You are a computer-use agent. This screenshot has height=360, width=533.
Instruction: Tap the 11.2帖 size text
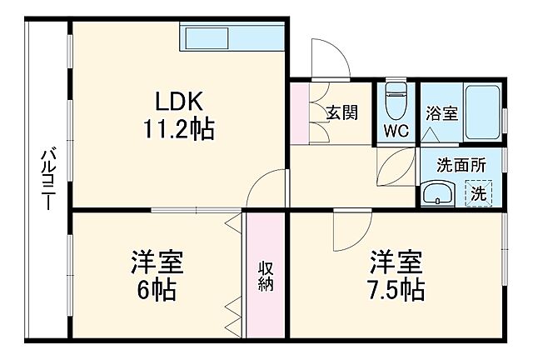[177, 129]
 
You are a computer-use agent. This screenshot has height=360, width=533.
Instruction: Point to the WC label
[396, 130]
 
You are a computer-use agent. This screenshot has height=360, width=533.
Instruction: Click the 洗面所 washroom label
[461, 165]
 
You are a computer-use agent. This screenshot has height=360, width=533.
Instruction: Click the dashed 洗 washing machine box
[479, 194]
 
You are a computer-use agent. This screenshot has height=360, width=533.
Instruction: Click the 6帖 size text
[157, 291]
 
